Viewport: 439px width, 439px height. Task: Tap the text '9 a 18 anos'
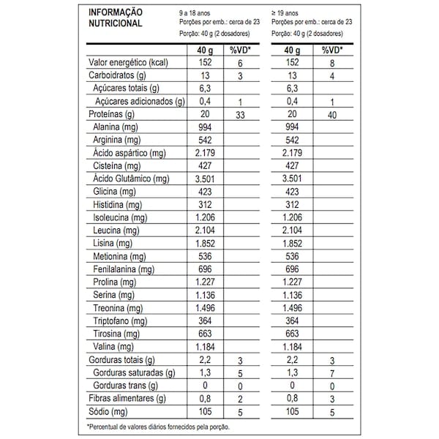tap(199, 13)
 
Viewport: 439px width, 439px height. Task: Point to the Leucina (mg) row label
tap(117, 230)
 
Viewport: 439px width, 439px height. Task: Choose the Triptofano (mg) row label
tap(122, 321)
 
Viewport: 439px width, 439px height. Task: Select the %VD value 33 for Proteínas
tap(240, 115)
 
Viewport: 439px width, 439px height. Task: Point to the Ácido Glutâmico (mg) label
tap(132, 179)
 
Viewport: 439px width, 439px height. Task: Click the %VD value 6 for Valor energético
tap(240, 63)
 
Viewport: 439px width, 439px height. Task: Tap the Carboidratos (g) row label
tap(118, 76)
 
